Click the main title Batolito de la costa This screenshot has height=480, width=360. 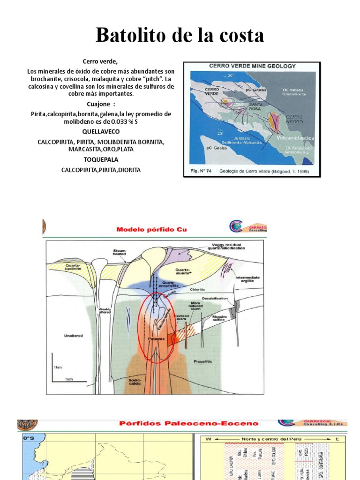click(x=180, y=35)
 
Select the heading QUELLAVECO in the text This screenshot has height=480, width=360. click(x=101, y=132)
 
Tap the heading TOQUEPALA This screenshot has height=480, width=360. click(x=101, y=160)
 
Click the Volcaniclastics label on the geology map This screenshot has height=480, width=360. click(x=295, y=138)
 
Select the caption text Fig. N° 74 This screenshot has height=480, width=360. click(x=199, y=172)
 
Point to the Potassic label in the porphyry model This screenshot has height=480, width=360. click(x=155, y=337)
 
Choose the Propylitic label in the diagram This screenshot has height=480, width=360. click(x=203, y=361)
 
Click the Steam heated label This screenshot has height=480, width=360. click(x=119, y=253)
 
